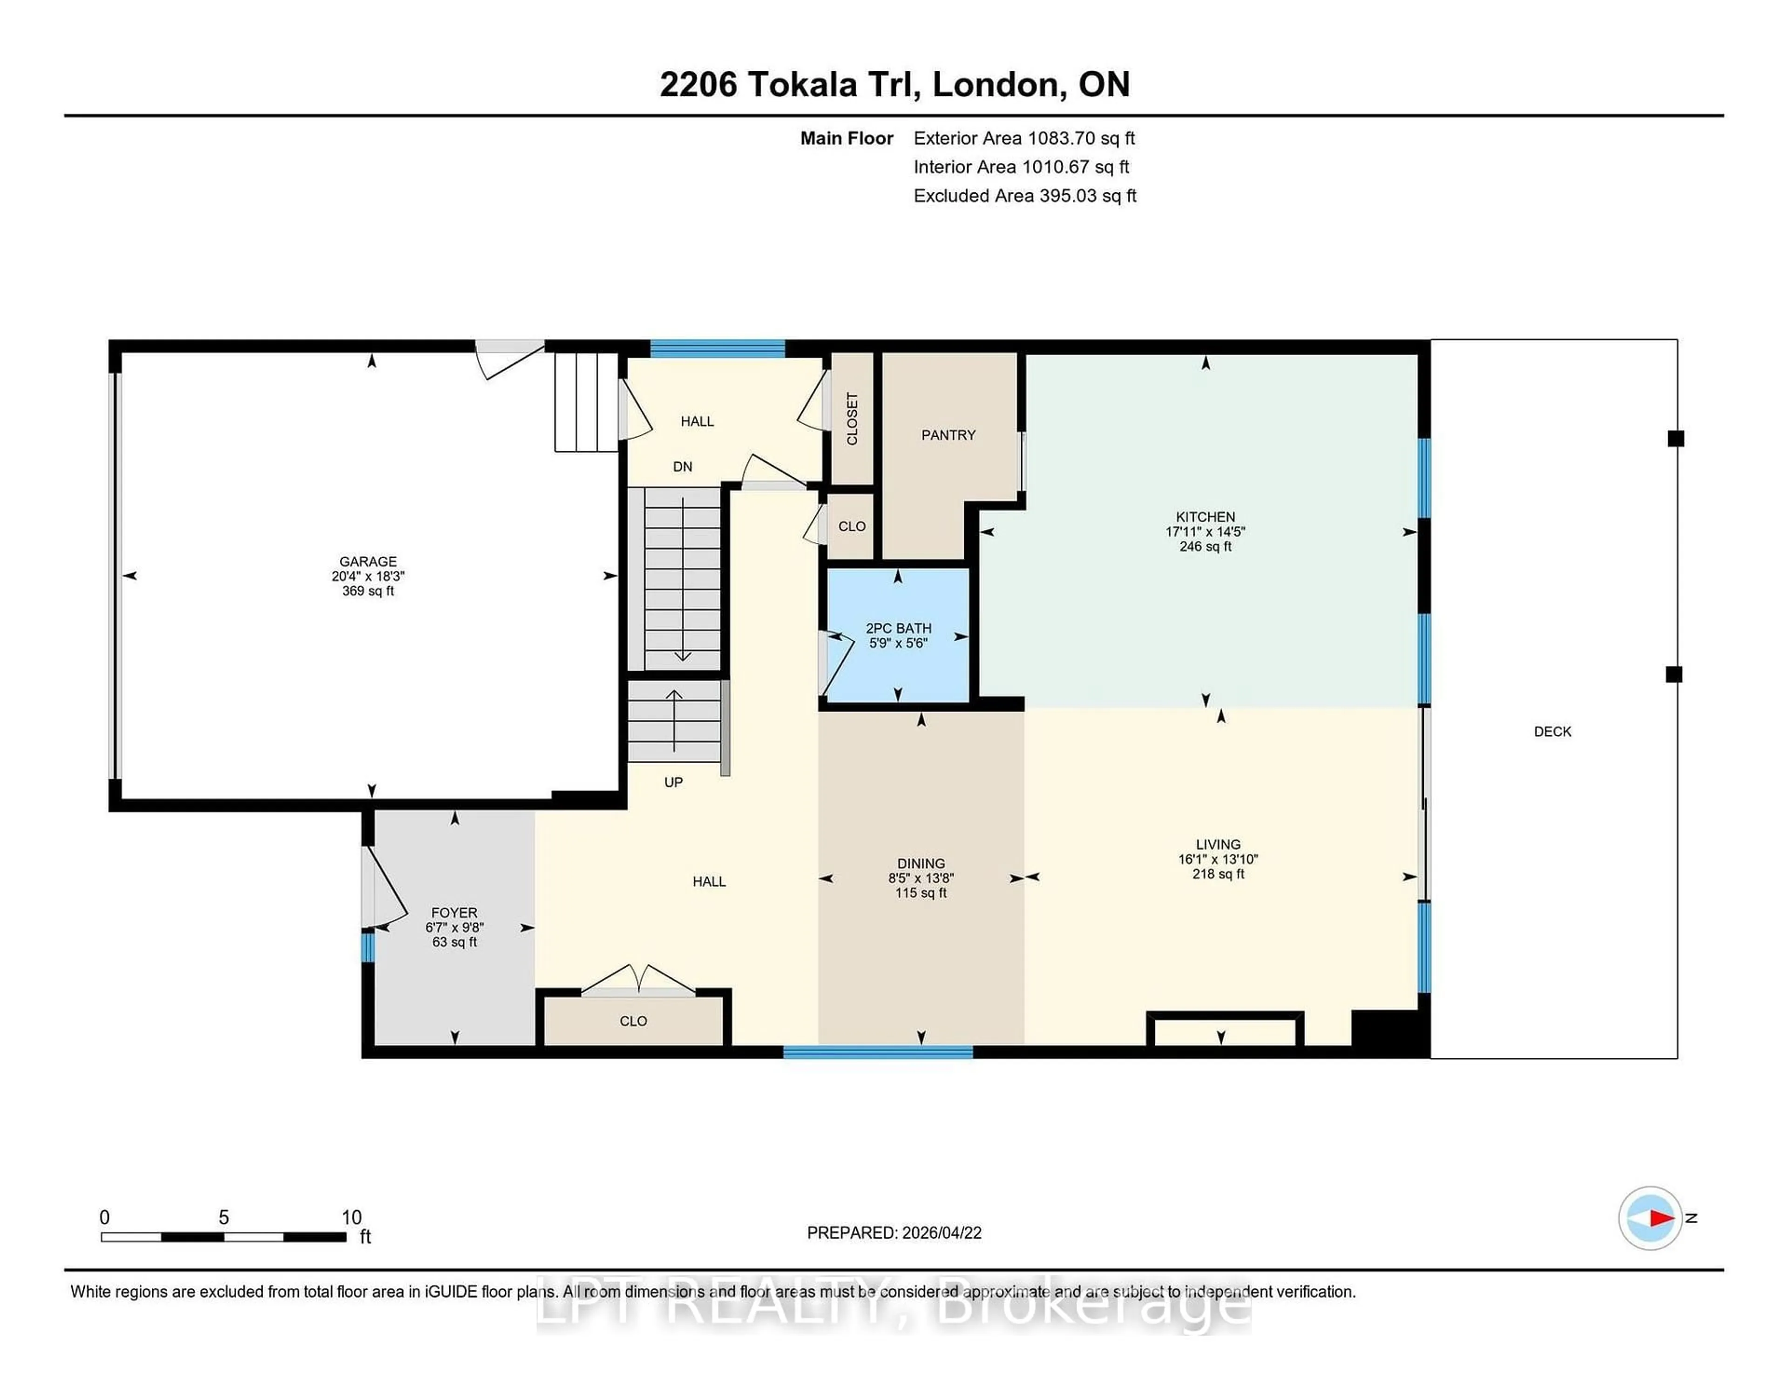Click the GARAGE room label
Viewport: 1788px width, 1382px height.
point(367,561)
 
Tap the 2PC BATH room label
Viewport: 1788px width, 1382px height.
point(898,628)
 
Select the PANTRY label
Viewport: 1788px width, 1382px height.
point(948,435)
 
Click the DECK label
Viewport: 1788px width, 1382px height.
point(1552,731)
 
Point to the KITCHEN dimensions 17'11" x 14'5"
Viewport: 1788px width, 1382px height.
point(1205,531)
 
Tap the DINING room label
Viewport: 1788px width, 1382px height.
point(921,863)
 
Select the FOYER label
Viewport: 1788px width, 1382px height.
point(454,912)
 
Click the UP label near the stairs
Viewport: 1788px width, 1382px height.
point(673,782)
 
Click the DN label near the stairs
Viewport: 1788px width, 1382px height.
point(682,467)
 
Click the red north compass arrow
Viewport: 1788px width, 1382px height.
point(1660,1218)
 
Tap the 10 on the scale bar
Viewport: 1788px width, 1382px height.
point(351,1218)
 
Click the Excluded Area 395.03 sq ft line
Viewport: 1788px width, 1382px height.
point(1024,196)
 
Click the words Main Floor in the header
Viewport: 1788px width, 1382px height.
point(847,138)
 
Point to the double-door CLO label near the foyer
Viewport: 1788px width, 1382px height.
point(633,1021)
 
